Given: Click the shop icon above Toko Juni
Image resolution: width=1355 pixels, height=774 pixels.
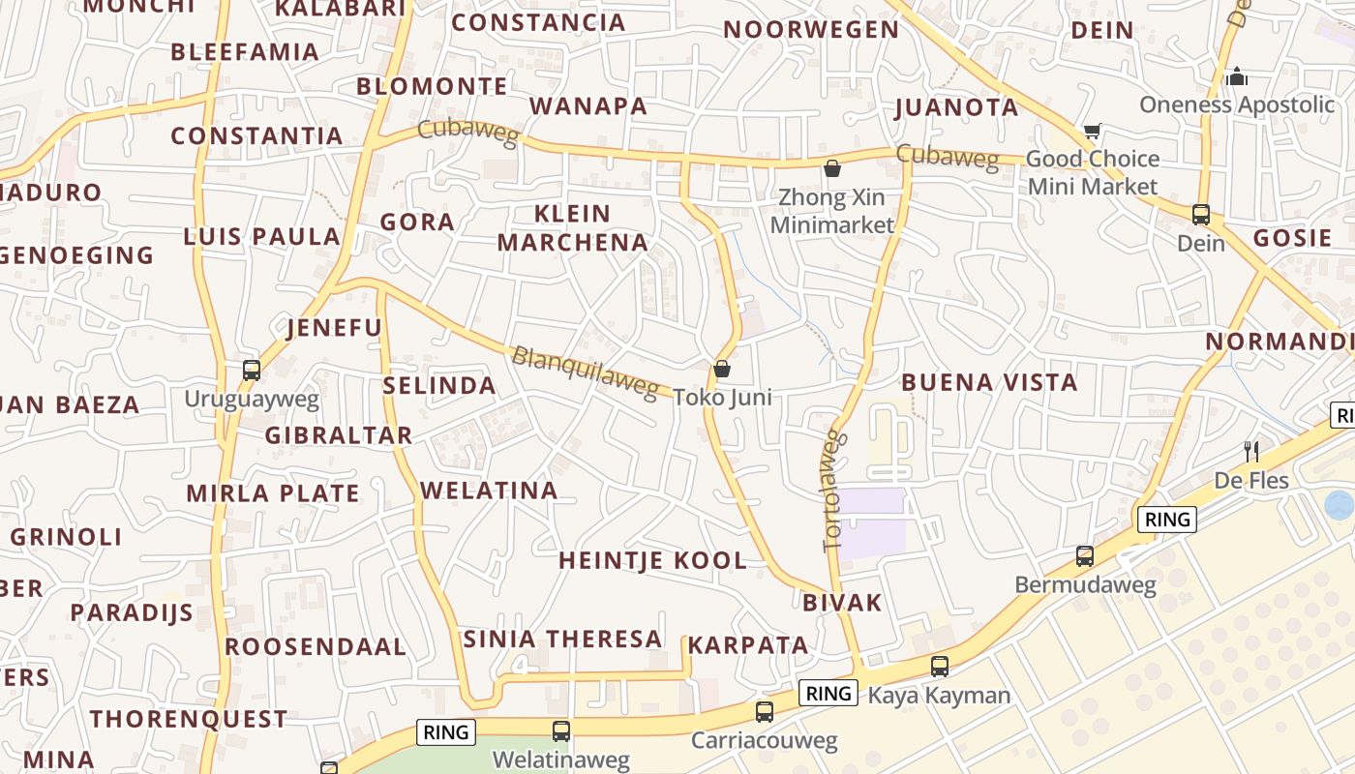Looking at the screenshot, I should pyautogui.click(x=721, y=369).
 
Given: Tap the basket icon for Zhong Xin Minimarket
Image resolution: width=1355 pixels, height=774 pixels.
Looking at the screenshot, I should pyautogui.click(x=832, y=169).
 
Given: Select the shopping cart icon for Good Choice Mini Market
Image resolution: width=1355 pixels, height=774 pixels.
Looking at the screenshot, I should pyautogui.click(x=1093, y=131).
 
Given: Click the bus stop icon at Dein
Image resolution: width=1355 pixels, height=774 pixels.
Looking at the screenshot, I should pyautogui.click(x=1201, y=215).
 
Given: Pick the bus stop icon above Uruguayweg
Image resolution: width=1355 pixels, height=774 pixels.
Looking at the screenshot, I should pyautogui.click(x=252, y=370).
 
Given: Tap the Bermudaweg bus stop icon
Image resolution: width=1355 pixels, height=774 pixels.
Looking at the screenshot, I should pyautogui.click(x=1085, y=556).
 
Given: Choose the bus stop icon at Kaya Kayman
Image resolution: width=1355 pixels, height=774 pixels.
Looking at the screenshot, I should pyautogui.click(x=939, y=666).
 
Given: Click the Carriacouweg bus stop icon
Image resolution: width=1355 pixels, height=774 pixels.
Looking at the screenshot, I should pyautogui.click(x=765, y=712).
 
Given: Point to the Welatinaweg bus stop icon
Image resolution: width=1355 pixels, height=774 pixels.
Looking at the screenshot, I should pyautogui.click(x=561, y=731).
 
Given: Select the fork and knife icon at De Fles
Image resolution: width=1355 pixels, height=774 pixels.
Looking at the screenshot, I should pyautogui.click(x=1250, y=451).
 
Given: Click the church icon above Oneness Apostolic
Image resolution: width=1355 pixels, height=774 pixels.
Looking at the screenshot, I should pyautogui.click(x=1236, y=75).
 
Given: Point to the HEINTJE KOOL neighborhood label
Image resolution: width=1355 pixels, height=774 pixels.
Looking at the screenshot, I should pyautogui.click(x=653, y=560).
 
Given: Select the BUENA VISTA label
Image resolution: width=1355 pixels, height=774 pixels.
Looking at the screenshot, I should pyautogui.click(x=989, y=382).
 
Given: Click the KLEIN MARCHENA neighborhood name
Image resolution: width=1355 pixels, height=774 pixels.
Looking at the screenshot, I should pyautogui.click(x=573, y=227).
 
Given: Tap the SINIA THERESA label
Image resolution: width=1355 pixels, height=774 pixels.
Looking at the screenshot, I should pyautogui.click(x=562, y=639).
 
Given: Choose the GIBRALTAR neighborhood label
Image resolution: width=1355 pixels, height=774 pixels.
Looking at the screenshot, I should pyautogui.click(x=339, y=435).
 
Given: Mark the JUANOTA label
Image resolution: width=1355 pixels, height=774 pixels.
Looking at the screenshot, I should pyautogui.click(x=956, y=107).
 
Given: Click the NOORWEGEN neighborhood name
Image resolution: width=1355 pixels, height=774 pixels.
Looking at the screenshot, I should pyautogui.click(x=811, y=30).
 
